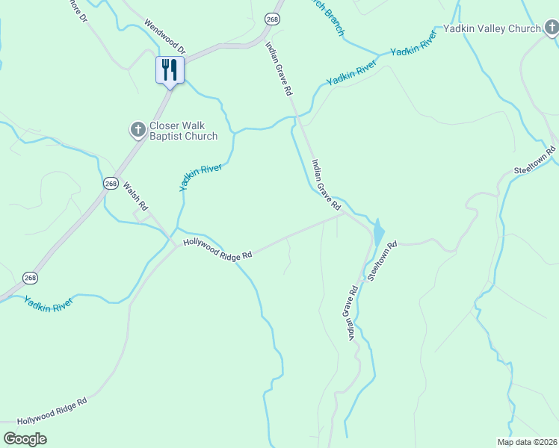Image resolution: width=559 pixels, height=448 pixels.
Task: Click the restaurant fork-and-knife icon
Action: click(x=169, y=70)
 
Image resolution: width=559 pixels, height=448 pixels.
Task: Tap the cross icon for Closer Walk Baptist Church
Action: click(x=138, y=131)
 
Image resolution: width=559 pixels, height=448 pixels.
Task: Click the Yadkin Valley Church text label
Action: click(x=492, y=29)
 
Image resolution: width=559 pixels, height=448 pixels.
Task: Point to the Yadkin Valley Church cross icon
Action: click(x=552, y=28)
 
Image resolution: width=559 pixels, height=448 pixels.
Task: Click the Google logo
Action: click(x=25, y=439)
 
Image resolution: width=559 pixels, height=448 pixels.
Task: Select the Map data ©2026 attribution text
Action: click(x=528, y=442)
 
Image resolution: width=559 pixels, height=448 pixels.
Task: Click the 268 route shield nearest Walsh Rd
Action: click(x=111, y=183)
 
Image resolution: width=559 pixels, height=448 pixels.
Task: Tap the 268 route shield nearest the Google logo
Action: click(x=30, y=278)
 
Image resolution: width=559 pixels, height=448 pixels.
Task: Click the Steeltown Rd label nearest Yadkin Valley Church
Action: click(x=535, y=161)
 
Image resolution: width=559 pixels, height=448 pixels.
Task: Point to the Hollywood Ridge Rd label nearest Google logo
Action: click(x=52, y=411)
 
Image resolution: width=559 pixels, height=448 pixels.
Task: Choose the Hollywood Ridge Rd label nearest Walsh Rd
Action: click(x=217, y=249)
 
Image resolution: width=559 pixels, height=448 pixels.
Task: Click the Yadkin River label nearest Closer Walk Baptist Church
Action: click(x=201, y=178)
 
